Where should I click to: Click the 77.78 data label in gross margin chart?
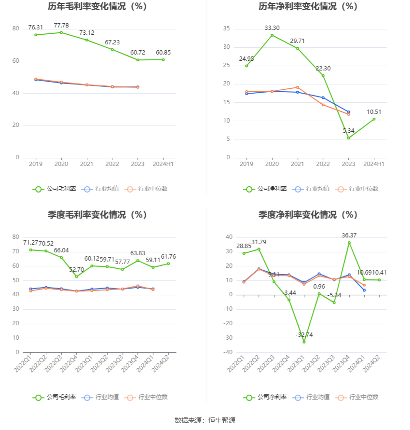click(x=61, y=25)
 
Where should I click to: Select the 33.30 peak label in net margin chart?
click(x=272, y=28)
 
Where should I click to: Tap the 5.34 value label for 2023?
click(x=349, y=131)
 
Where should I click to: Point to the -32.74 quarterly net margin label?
click(x=304, y=334)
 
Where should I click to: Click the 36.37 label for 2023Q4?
click(x=349, y=235)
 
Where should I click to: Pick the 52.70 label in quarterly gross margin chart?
click(x=76, y=270)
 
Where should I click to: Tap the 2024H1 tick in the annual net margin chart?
click(x=374, y=164)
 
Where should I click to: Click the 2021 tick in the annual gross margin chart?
click(x=87, y=164)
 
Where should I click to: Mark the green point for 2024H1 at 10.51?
click(x=374, y=119)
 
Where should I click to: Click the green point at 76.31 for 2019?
click(x=36, y=35)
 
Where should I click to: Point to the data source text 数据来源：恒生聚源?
click(x=205, y=420)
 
